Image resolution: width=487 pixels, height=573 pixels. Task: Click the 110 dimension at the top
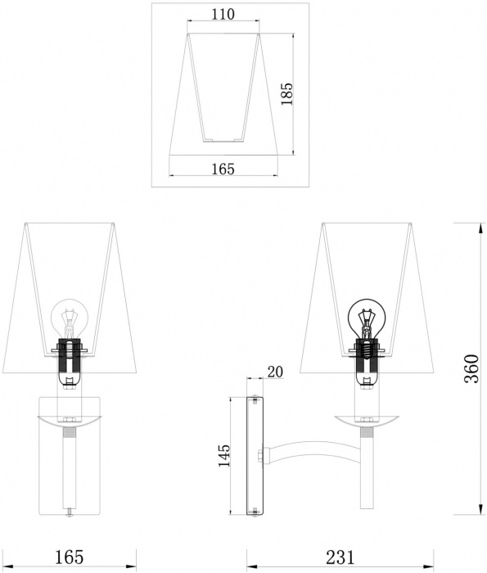pyautogui.click(x=223, y=14)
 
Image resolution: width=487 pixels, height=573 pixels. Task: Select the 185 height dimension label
pyautogui.click(x=286, y=94)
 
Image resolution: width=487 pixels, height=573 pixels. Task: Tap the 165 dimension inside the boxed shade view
pyautogui.click(x=223, y=169)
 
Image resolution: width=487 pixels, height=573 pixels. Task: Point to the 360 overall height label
pyautogui.click(x=471, y=368)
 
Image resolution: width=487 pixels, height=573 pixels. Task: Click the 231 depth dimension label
pyautogui.click(x=340, y=557)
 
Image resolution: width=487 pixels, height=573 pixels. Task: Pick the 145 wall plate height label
pyautogui.click(x=223, y=455)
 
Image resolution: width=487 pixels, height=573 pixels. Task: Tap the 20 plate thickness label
pyautogui.click(x=275, y=372)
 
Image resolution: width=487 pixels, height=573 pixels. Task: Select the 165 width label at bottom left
pyautogui.click(x=69, y=557)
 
